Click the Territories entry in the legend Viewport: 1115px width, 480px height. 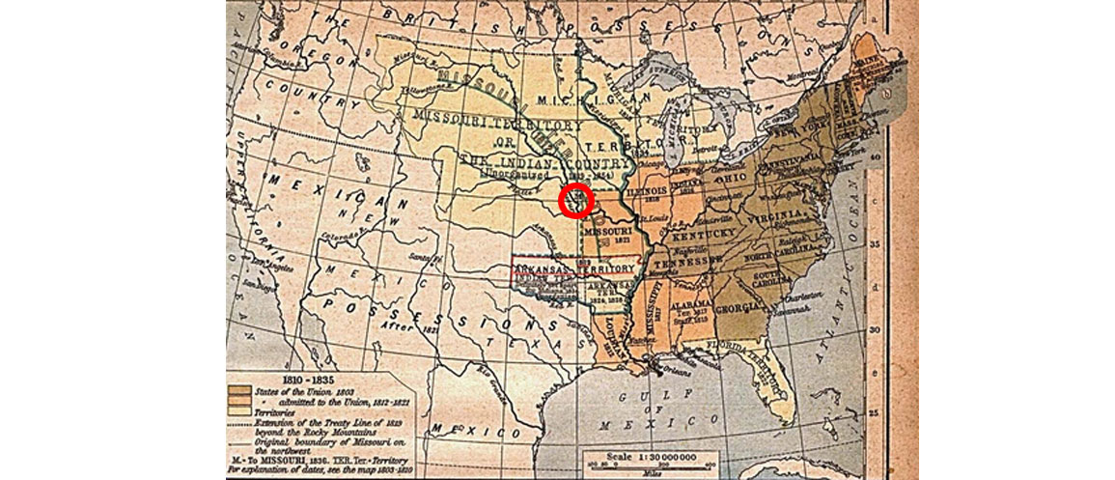pos(275,410)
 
